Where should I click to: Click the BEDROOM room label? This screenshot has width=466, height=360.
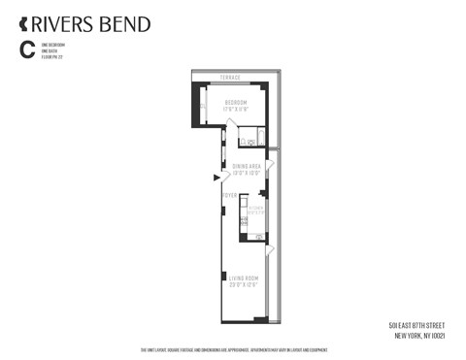pos(237,102)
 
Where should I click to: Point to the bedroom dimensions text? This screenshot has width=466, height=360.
pos(237,109)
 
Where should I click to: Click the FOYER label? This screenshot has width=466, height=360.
pos(229,195)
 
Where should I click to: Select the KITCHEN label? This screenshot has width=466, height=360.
pos(255,208)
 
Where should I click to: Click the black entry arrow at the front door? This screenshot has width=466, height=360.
pos(216,177)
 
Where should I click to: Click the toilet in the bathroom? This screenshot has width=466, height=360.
pos(244,143)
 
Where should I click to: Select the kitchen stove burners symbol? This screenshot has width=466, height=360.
pos(244,222)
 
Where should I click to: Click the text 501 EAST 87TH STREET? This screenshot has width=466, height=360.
pos(417,325)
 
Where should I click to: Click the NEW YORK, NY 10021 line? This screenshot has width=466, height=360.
pos(419,336)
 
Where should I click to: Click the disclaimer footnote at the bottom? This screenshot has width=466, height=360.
pos(233,350)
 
